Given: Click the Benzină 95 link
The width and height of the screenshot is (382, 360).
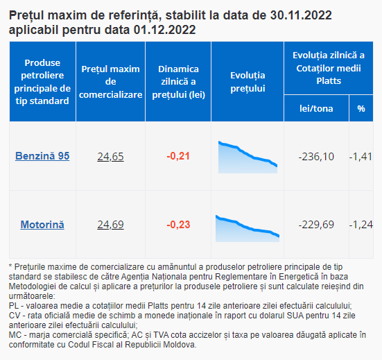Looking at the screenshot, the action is (x=42, y=156).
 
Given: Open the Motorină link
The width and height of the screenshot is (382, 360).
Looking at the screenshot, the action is (x=42, y=225).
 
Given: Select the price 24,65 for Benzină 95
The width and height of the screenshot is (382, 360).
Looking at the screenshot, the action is (x=111, y=157).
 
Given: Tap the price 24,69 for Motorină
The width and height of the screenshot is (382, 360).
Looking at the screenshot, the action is (x=111, y=225).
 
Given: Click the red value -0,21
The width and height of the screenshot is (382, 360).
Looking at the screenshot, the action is (x=178, y=156).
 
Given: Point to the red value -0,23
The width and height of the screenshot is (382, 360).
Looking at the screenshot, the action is (x=178, y=225).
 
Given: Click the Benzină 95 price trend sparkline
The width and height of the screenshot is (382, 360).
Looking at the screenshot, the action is (x=248, y=157).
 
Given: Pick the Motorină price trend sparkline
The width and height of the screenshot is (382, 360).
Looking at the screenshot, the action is (x=248, y=229).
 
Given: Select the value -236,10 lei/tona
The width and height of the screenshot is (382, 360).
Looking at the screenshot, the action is (x=316, y=157).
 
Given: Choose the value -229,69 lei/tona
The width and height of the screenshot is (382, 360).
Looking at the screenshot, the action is (x=316, y=225).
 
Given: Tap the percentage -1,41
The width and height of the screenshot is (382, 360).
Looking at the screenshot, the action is (x=361, y=157).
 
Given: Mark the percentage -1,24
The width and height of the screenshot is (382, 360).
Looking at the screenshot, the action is (x=361, y=225).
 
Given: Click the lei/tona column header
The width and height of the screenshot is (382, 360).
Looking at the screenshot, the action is (x=316, y=108).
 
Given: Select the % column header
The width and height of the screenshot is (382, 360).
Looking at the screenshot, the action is (x=361, y=108).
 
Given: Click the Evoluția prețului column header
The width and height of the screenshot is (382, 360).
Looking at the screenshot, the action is (x=248, y=82).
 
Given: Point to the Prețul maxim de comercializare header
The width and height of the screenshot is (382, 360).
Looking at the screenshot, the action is (x=111, y=82).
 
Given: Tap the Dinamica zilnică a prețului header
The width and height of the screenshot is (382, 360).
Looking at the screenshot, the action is (x=178, y=82).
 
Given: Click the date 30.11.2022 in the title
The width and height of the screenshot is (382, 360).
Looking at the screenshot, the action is (x=301, y=15).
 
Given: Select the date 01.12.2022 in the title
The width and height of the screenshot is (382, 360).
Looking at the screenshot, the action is (x=165, y=30).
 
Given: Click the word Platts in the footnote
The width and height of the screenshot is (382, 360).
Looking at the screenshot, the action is (x=158, y=306).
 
